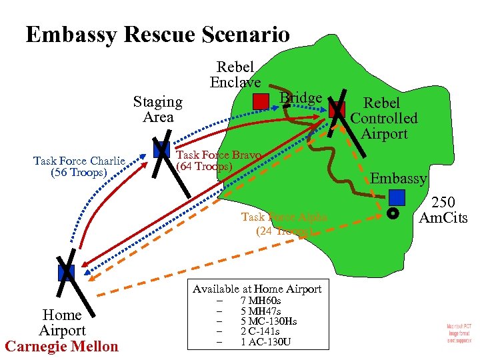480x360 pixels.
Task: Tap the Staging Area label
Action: (157, 109)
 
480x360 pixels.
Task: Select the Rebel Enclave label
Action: (235, 75)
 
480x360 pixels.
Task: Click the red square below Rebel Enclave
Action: (261, 101)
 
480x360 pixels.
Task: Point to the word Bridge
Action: (301, 98)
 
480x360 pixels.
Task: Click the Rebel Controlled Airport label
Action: (383, 118)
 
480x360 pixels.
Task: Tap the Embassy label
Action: (399, 178)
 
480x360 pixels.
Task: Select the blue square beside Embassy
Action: (397, 197)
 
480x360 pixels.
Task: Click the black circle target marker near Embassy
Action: (393, 214)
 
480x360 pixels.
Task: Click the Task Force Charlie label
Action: (79, 167)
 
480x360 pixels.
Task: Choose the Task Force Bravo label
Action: (218, 160)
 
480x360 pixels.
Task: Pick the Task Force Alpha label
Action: (284, 223)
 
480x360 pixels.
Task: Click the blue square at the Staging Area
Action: (161, 150)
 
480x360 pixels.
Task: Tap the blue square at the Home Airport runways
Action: (66, 272)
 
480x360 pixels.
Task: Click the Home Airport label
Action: (62, 323)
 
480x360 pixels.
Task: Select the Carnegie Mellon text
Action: (61, 346)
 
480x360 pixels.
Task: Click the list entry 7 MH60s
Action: (260, 301)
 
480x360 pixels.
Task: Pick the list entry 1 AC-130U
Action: (265, 342)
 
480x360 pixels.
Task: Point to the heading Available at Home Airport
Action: (257, 289)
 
